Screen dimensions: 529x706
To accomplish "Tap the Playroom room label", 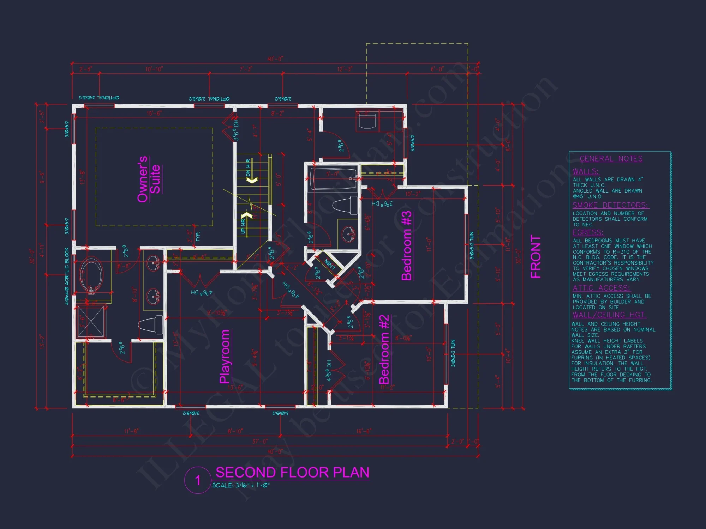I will (225, 356).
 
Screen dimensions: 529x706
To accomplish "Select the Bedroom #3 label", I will (407, 245).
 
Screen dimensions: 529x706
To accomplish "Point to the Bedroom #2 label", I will (384, 349).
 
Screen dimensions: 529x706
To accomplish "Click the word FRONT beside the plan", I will (536, 256).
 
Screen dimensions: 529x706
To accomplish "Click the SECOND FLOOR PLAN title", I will (292, 472).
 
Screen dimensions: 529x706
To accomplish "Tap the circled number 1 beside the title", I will (198, 480).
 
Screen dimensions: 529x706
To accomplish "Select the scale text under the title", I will (241, 485).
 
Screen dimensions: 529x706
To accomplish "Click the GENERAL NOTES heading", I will (611, 159).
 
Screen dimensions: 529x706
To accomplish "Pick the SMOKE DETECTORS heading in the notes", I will (610, 205).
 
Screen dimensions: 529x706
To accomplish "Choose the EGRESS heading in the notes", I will (588, 232).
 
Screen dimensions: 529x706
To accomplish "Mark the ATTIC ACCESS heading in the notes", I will (601, 288).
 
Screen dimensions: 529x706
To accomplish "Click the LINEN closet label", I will (329, 263).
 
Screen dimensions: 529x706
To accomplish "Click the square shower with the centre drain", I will (91, 321).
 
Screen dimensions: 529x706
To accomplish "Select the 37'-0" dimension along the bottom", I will (260, 441).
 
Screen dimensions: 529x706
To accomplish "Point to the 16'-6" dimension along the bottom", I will (364, 431).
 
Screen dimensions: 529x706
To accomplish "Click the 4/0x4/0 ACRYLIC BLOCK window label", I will (67, 276).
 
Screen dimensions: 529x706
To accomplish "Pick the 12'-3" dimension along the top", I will (345, 69).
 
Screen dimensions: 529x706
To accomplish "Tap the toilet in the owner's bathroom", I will (151, 325).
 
